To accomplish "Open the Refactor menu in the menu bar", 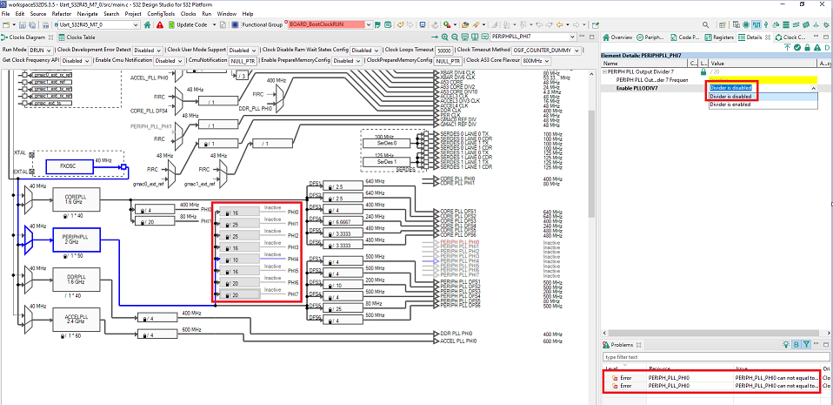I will pos(61,14).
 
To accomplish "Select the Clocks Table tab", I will pos(80,37).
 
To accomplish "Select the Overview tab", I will pos(622,37).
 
